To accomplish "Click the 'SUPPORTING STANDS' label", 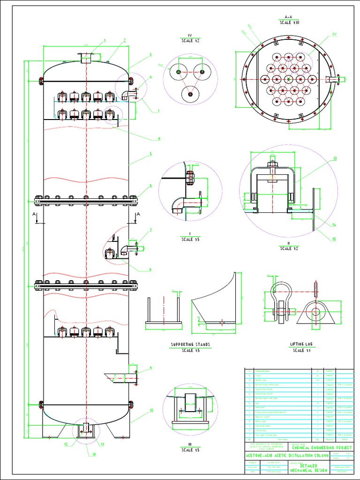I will tap(190, 345).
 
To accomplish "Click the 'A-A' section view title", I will tap(286, 17).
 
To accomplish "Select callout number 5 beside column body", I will tap(150, 154).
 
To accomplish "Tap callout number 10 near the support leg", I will tap(151, 410).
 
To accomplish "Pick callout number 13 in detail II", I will tap(335, 158).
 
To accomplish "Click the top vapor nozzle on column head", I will tap(86, 59).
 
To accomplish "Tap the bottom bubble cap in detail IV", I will tap(190, 94).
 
